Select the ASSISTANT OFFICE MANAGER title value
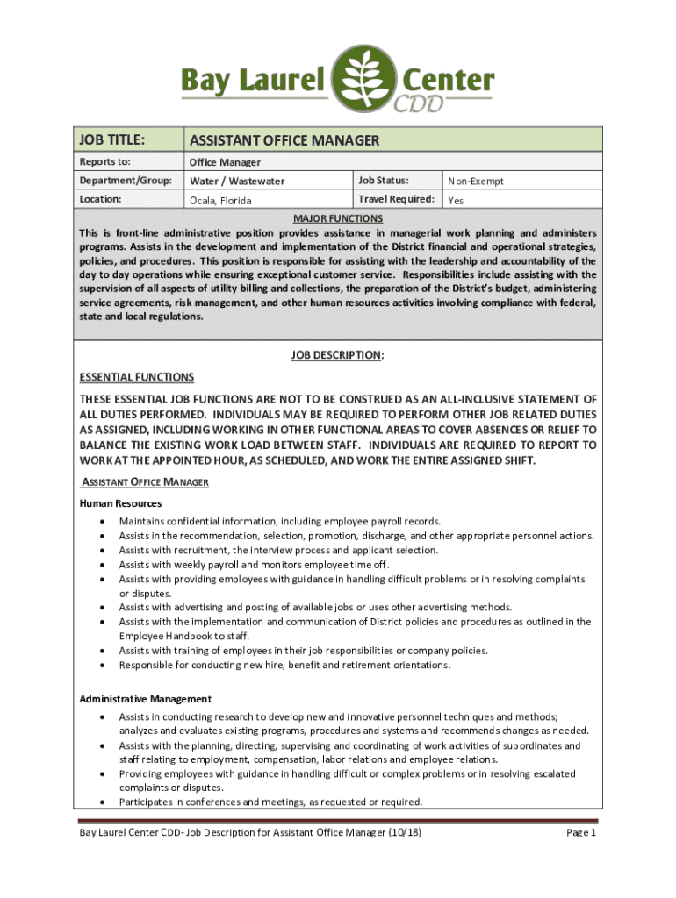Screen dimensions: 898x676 tap(284, 140)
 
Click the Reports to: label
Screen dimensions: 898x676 tap(104, 162)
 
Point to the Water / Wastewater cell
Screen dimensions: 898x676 tap(237, 182)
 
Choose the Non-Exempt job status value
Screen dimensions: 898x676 tap(476, 182)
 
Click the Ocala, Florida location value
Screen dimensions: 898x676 tap(220, 201)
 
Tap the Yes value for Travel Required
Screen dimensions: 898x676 tap(456, 201)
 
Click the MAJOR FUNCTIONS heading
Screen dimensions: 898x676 tap(338, 217)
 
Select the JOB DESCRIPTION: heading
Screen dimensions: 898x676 tap(338, 355)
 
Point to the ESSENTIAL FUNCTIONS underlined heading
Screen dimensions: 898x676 tap(137, 377)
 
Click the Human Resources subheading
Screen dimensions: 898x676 tap(120, 503)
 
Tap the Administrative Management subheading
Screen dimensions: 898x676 tap(145, 699)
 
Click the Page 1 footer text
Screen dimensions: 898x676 tap(581, 832)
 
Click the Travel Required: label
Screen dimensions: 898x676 tap(396, 199)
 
